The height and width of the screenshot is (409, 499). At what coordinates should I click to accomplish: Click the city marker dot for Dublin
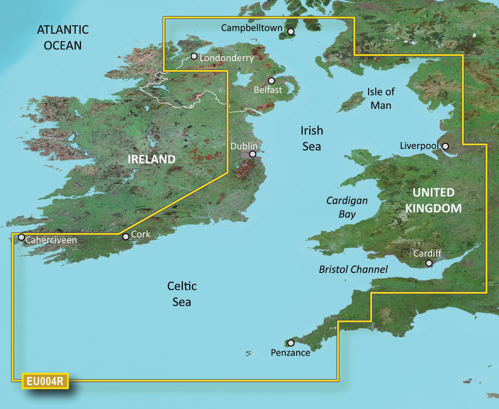coord(253,155)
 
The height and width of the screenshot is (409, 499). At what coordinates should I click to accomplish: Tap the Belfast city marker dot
coord(271,81)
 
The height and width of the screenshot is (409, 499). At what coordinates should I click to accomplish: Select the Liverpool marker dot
coord(445,146)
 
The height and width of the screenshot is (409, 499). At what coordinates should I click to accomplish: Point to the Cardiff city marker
coord(429,263)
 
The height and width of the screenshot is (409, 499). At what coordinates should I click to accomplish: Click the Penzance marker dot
coord(291,343)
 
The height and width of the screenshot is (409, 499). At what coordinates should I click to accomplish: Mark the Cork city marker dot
coord(126,236)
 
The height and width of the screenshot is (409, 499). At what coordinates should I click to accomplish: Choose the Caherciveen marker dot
coord(21,237)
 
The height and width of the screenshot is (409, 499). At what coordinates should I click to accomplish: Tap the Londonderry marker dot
coord(194,56)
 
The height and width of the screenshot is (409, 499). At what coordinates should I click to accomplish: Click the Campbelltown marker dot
coord(291,32)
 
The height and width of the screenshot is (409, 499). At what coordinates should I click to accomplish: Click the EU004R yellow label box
coord(45,381)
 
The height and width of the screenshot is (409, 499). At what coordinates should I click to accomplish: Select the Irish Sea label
coord(312,139)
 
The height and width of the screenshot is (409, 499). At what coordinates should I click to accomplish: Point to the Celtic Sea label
coord(182,294)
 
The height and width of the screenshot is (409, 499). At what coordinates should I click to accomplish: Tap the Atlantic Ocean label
coord(63,37)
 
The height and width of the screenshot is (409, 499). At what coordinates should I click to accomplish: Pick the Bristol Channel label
coord(353,270)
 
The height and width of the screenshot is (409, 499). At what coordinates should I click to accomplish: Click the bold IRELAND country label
coord(151,159)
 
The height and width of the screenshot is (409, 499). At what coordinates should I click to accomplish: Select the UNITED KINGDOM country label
coord(433,200)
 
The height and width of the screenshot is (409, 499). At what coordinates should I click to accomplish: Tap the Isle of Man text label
coord(381,98)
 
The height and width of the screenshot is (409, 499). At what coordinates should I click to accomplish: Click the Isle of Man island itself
coord(351,102)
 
